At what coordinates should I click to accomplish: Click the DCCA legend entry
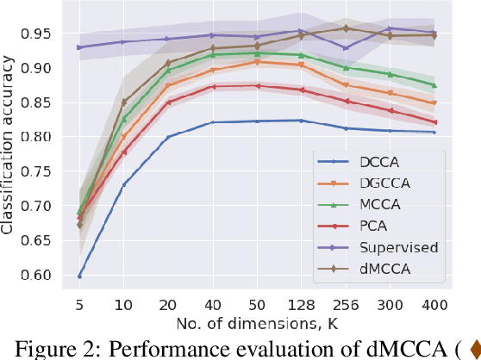tap(362, 160)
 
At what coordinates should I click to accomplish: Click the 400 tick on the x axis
tap(434, 303)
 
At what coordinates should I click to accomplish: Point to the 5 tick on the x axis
tap(79, 303)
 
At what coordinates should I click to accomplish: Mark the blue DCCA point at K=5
tap(79, 276)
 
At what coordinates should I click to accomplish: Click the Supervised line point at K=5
tap(79, 47)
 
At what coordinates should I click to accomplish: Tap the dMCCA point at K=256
tap(345, 28)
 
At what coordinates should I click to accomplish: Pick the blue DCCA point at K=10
tap(124, 184)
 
